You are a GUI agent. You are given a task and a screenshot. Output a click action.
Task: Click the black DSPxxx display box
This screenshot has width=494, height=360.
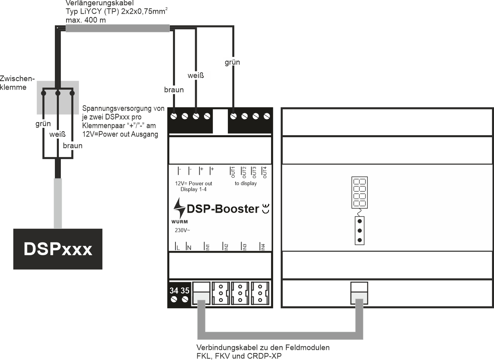tap(58, 249)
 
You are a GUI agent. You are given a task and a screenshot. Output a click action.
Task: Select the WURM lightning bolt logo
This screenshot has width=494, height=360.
tap(179, 209)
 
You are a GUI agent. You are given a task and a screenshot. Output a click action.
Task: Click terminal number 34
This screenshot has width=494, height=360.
tap(174, 290)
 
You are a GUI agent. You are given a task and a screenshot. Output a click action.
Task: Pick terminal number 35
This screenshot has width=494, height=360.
tap(185, 290)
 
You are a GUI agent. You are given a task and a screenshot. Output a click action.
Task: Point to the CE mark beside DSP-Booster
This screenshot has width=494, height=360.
tap(265, 209)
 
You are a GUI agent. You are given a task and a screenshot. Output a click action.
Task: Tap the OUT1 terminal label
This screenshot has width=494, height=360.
tap(232, 172)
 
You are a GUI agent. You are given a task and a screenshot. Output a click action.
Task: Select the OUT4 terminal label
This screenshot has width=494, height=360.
tap(265, 172)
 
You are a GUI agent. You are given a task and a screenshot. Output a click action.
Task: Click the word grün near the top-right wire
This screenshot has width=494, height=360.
tap(233, 62)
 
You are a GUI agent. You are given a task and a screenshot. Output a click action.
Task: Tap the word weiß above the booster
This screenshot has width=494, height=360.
tap(196, 75)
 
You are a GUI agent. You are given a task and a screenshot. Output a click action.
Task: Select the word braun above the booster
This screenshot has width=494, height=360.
tap(174, 90)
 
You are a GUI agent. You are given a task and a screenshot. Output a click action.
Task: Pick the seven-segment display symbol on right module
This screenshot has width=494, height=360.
tap(359, 192)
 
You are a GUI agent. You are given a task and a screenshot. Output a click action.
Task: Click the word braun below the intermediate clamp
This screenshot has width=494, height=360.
tap(72, 146)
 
